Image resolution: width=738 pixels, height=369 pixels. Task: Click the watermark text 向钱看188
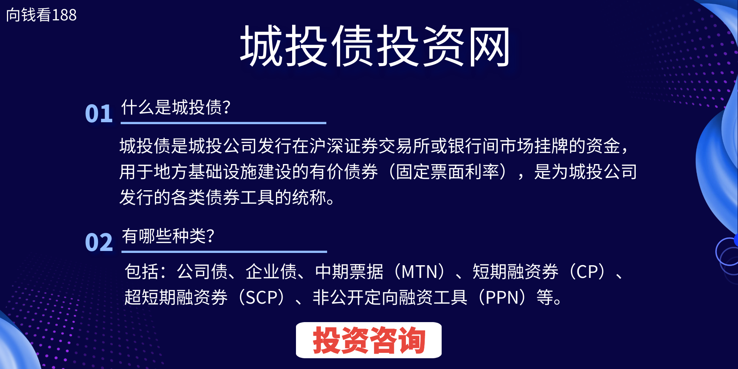click(42, 15)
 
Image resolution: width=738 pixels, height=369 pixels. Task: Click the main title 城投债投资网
click(375, 47)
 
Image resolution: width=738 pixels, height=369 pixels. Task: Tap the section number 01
click(99, 114)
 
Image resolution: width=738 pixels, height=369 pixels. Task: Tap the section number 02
click(99, 243)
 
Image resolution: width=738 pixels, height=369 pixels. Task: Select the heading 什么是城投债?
click(176, 107)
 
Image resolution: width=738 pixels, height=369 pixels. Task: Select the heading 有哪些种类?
click(168, 236)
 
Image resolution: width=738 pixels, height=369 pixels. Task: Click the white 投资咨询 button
click(369, 340)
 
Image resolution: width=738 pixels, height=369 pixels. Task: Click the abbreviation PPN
click(502, 298)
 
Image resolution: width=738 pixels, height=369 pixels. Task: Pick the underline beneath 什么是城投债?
click(223, 123)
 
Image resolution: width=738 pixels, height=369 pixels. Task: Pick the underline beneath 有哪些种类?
click(224, 252)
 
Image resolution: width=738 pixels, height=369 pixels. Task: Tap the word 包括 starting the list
click(142, 272)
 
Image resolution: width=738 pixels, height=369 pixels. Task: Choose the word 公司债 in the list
click(202, 272)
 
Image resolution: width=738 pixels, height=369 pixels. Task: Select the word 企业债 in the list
click(271, 272)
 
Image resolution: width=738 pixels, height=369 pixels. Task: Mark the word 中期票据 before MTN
click(349, 272)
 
